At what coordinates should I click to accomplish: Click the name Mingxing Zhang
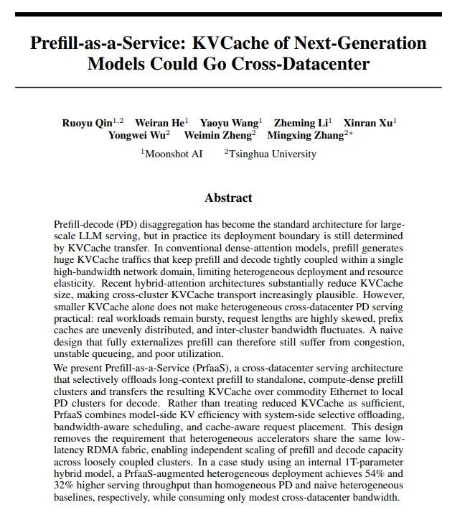click(304, 135)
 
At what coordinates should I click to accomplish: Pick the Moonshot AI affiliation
click(174, 154)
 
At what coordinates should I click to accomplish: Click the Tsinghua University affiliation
click(273, 154)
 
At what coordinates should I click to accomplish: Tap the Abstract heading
click(228, 198)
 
